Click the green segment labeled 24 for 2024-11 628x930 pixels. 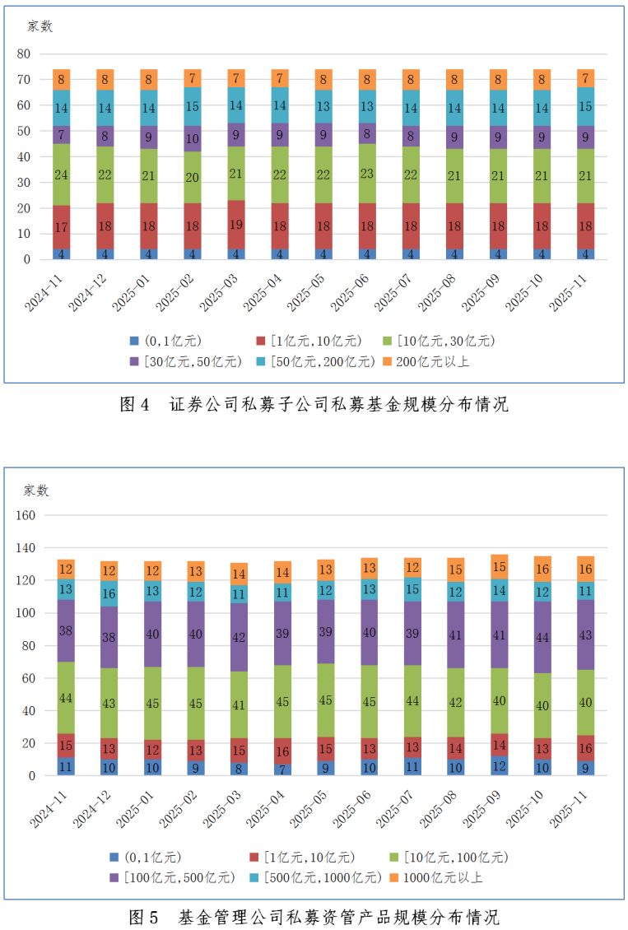[62, 174]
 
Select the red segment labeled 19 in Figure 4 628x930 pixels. [237, 223]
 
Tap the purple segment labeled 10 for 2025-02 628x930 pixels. [193, 139]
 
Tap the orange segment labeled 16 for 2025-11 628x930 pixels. [586, 569]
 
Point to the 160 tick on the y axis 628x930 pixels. [26, 515]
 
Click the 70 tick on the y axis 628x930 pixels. [24, 80]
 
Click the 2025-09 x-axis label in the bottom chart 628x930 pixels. [484, 809]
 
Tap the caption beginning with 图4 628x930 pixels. [314, 405]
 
